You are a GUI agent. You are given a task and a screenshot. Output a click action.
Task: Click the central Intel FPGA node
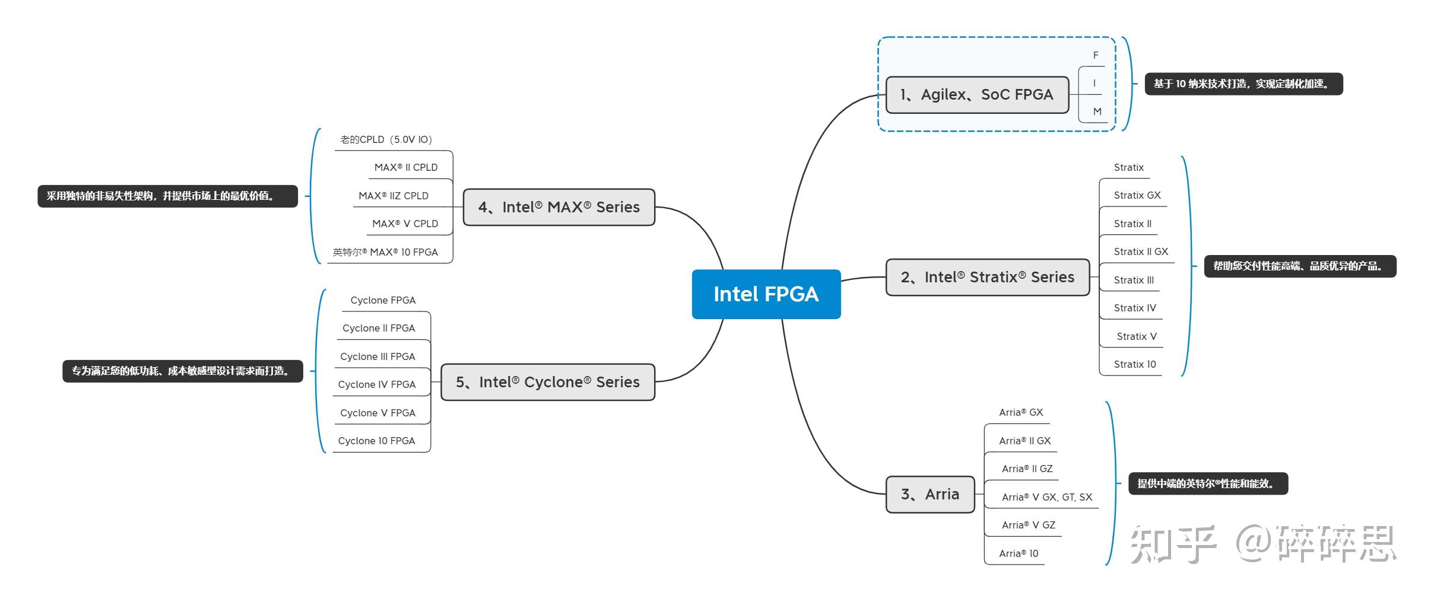[x=766, y=294]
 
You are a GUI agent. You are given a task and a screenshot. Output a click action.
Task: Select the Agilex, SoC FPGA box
[x=976, y=95]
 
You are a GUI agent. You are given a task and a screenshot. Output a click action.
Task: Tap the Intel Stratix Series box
[x=987, y=277]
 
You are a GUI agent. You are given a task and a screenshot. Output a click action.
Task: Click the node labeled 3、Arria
[x=929, y=494]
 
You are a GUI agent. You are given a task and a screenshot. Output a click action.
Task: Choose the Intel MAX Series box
[x=559, y=207]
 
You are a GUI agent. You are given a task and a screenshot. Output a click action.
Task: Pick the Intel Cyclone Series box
[x=547, y=382]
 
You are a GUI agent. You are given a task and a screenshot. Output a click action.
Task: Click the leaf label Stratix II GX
[x=1140, y=251]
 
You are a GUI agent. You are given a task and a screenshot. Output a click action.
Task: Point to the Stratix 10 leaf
[x=1134, y=364]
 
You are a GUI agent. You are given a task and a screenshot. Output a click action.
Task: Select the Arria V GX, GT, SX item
[x=1046, y=497]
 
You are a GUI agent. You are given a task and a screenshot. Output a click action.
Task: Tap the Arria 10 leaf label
[x=1018, y=553]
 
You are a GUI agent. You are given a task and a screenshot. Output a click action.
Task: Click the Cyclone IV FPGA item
[x=376, y=384]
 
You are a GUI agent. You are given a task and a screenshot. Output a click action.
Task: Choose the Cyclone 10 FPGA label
[x=376, y=441]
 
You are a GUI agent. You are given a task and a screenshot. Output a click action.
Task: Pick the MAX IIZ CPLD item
[x=393, y=196]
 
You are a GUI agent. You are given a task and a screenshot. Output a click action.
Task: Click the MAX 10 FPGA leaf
[x=385, y=252]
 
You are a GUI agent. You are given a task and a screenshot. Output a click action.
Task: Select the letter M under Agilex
[x=1097, y=112]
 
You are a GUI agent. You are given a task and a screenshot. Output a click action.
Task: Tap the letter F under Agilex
[x=1095, y=55]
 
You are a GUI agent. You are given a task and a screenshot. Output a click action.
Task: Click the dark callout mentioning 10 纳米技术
[x=1243, y=84]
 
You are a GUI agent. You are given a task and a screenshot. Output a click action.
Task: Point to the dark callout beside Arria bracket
[x=1207, y=483]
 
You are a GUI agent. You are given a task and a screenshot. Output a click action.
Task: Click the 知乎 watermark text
[x=1172, y=544]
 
